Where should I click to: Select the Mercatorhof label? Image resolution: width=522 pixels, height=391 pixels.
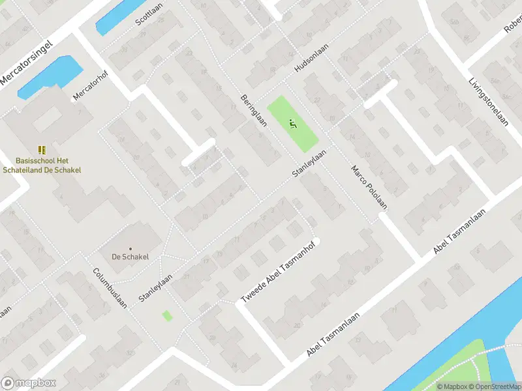click(x=90, y=85)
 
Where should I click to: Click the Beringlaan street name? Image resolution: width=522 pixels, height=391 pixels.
click(x=254, y=113)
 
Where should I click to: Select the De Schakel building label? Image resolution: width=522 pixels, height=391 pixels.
click(x=130, y=257)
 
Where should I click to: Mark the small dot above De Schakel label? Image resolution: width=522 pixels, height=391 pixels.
click(x=130, y=248)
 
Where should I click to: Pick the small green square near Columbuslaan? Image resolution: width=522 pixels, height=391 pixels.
click(x=167, y=315)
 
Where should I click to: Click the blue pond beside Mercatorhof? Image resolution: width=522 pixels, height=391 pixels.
click(x=49, y=76)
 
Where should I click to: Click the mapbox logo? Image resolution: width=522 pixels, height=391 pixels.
click(x=29, y=383)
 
